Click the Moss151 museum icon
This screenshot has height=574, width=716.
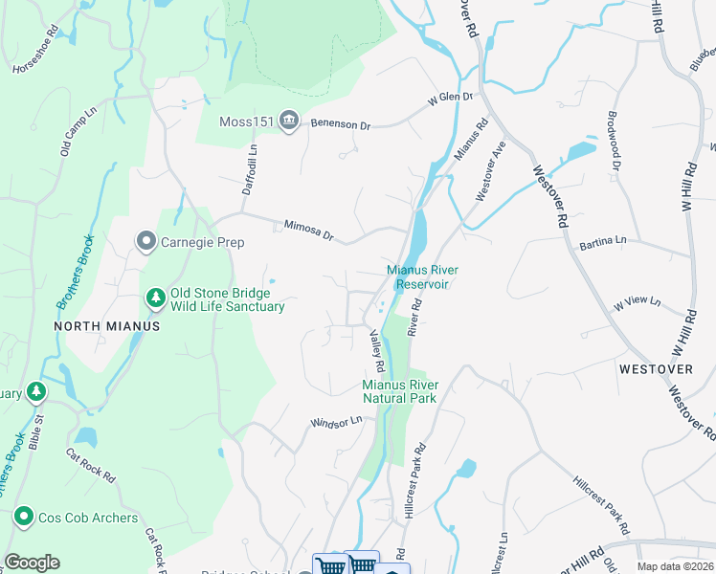[290, 121]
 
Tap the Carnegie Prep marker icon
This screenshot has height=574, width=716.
[145, 242]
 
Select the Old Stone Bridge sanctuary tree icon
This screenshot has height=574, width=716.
[155, 299]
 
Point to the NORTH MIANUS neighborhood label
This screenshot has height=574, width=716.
[106, 326]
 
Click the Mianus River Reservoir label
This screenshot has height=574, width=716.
[417, 276]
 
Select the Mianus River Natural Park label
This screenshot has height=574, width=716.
[399, 391]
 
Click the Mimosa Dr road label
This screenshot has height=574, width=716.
[308, 230]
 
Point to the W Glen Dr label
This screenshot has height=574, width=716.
[451, 98]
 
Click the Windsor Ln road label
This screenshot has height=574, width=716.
[336, 421]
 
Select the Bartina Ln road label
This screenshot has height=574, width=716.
[603, 242]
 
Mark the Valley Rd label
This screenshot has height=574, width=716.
[377, 351]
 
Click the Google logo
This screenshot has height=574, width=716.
[33, 563]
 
